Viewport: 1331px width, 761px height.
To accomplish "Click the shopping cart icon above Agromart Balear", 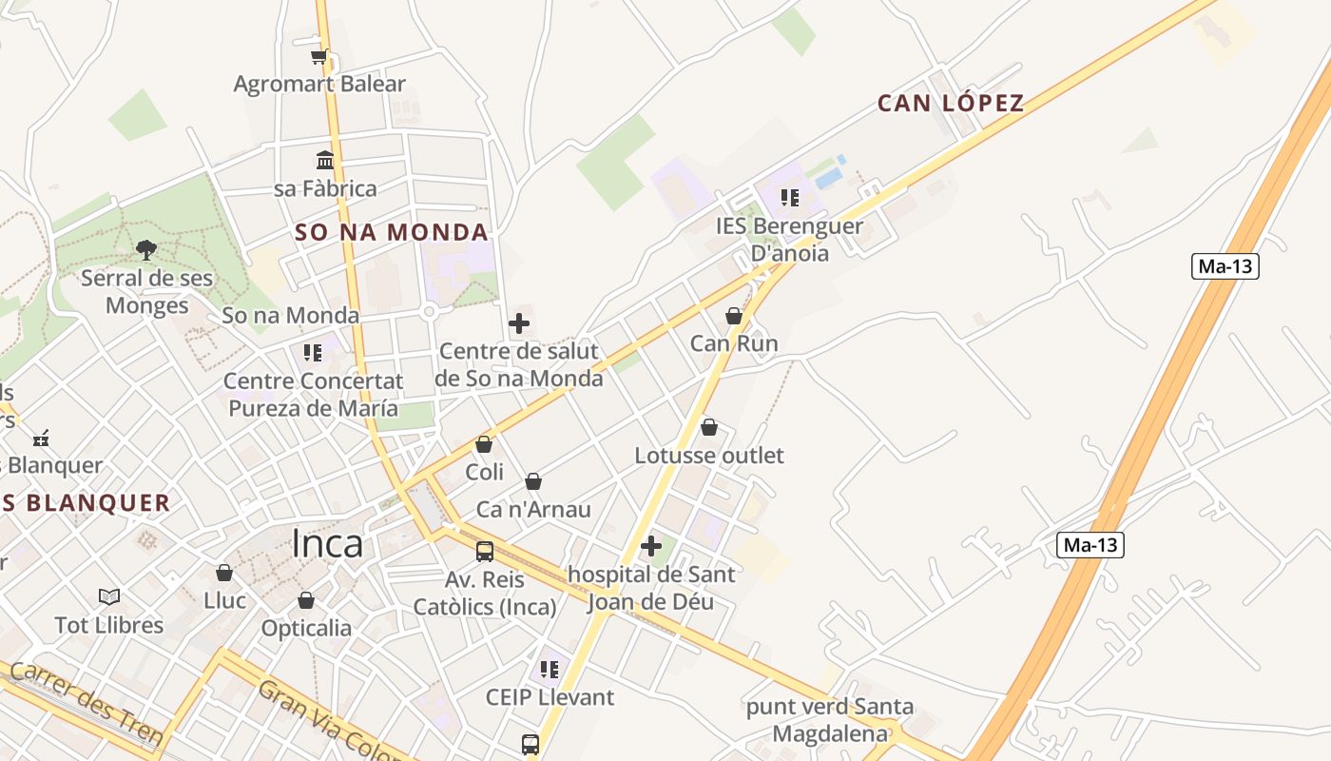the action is click(319, 56).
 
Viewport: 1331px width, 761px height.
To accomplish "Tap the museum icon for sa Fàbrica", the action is click(325, 159).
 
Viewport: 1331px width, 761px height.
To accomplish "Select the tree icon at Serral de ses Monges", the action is click(146, 250).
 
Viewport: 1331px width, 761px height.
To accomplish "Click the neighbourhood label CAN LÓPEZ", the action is click(951, 103).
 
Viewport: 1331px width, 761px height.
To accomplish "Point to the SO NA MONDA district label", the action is click(392, 232).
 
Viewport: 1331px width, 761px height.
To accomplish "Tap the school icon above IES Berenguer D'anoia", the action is click(789, 198).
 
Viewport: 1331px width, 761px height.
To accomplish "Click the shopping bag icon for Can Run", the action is click(734, 316).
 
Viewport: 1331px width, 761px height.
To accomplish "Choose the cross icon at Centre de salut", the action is click(519, 323).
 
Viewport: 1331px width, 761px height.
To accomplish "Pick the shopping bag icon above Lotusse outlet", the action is click(709, 428).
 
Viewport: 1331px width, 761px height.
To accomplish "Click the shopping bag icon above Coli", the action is click(484, 444).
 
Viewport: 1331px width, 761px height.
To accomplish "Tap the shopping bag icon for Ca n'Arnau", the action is click(533, 482).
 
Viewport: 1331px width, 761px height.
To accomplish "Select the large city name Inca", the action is click(327, 544).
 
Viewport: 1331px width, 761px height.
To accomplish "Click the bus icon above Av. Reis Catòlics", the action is click(485, 551).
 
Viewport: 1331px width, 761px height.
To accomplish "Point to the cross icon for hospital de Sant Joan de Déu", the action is click(651, 547).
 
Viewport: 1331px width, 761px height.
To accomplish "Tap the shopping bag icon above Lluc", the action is click(224, 573).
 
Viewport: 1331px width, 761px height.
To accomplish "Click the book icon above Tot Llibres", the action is click(109, 597).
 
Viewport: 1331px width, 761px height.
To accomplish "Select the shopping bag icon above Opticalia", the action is click(306, 600).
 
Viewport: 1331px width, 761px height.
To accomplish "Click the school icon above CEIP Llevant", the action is click(550, 670).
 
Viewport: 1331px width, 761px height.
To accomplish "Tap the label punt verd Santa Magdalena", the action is click(829, 720).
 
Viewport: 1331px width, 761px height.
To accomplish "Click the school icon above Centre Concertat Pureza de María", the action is click(313, 353).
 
